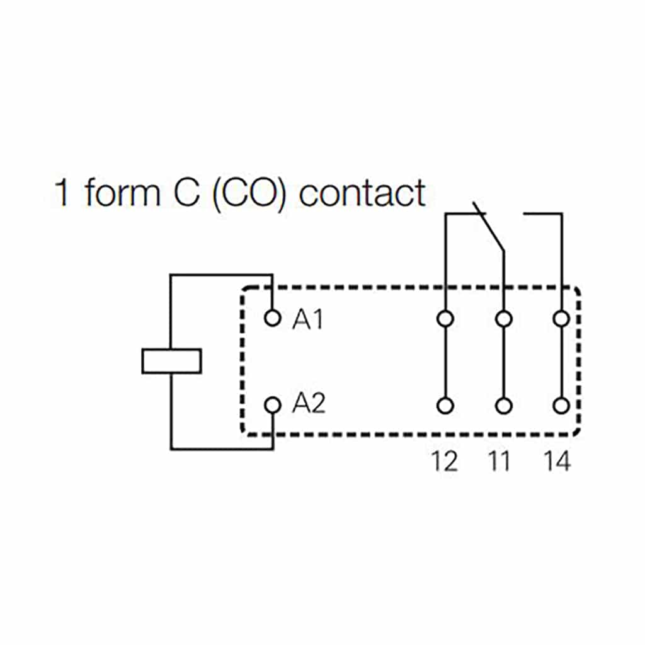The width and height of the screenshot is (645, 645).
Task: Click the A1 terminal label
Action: coord(307,321)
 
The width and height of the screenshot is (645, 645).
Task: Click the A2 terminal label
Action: coord(309,404)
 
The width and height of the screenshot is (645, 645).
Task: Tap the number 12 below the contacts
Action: coord(444,462)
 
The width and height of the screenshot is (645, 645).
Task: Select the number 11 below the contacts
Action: coord(500,462)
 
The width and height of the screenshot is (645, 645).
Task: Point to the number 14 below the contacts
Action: coord(557,462)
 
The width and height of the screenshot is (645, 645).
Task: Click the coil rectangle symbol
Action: coord(171,361)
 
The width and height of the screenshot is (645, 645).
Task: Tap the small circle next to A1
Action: coord(272,318)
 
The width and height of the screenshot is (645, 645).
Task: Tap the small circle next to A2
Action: coord(272,404)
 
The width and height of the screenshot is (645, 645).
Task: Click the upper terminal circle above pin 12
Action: coord(445,319)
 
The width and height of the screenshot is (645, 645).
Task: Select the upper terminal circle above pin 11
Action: coord(503,319)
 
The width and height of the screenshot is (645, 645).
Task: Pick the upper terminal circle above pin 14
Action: coord(561,319)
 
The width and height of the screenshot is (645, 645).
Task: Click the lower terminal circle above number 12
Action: coord(445,406)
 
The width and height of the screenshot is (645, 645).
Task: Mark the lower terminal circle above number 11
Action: coord(503,406)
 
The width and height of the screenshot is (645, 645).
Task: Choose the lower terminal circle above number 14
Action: coord(561,406)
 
